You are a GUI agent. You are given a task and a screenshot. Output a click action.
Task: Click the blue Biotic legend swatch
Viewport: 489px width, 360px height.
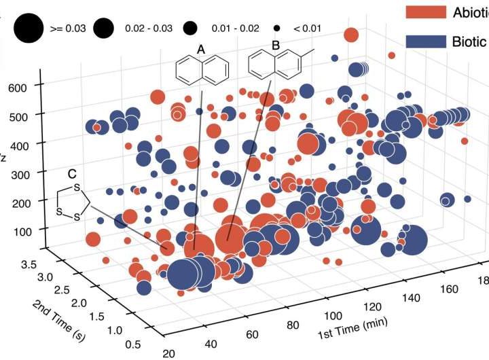426,41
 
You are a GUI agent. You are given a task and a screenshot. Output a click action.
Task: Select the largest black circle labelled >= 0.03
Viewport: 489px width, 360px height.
27,28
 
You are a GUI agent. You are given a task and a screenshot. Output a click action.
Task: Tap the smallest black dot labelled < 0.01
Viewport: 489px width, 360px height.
278,28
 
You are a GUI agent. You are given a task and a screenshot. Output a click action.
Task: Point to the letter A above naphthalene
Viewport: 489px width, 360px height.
200,49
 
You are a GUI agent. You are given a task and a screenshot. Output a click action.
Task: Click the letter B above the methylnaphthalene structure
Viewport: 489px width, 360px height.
275,46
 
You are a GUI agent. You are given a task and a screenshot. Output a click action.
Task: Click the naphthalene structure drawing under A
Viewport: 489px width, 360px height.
201,69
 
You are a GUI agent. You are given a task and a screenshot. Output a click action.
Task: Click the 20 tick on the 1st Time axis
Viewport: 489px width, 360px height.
168,353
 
